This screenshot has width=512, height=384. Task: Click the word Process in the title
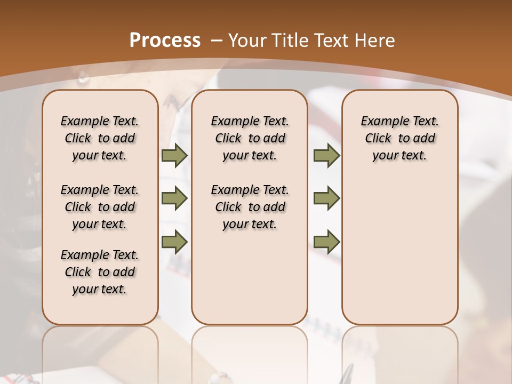(165, 40)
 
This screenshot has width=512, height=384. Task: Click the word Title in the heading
(291, 40)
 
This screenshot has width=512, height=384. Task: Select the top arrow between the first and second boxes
(174, 156)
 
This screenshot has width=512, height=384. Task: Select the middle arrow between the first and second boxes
(174, 199)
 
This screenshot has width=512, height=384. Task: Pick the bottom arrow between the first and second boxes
(174, 242)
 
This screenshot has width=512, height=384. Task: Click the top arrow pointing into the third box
(326, 156)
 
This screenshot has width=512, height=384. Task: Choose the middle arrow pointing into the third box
(326, 199)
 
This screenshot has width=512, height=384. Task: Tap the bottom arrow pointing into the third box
(326, 242)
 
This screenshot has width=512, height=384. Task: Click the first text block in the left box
(100, 138)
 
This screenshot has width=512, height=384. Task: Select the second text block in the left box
(100, 207)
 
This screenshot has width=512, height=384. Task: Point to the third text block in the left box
(100, 272)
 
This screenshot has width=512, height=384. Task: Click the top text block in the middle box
(250, 138)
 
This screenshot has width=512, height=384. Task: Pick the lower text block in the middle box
(250, 207)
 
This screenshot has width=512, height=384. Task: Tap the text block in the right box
(399, 138)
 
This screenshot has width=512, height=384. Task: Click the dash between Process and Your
(217, 41)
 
